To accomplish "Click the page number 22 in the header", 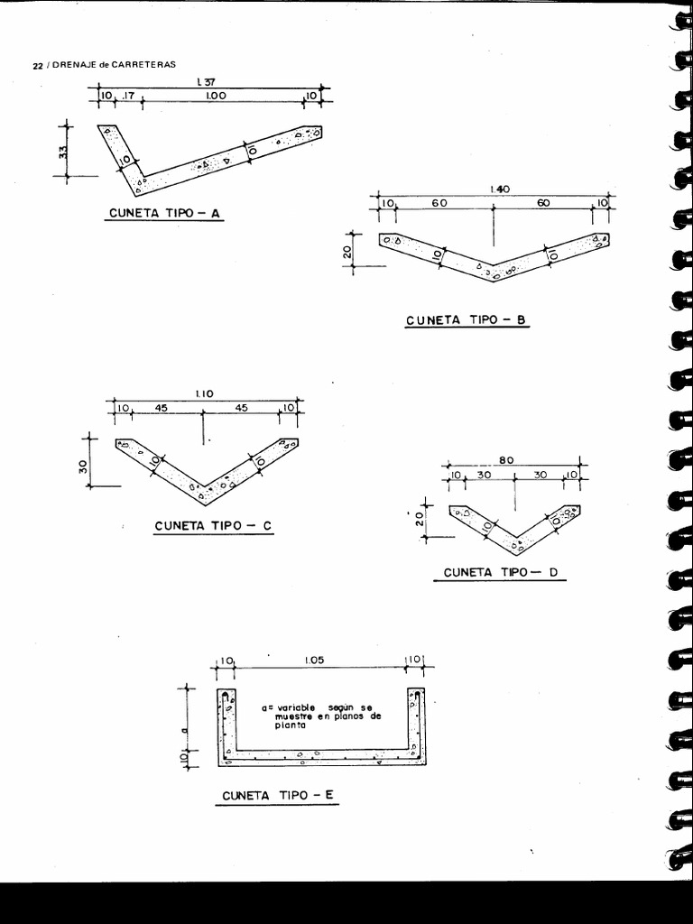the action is tap(37, 65).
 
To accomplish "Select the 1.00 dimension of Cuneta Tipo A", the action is tap(216, 96).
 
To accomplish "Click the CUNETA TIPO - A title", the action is tap(164, 213).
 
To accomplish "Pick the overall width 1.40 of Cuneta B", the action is tap(500, 189).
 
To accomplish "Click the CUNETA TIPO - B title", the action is tap(466, 320).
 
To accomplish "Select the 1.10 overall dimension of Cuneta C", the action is tap(205, 394).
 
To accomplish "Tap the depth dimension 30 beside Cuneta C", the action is tap(84, 467).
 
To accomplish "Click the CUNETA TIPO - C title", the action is tap(213, 526).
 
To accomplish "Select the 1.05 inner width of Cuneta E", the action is tap(314, 660).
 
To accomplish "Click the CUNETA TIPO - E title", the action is tap(278, 796).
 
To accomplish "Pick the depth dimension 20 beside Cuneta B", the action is tap(347, 252).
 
